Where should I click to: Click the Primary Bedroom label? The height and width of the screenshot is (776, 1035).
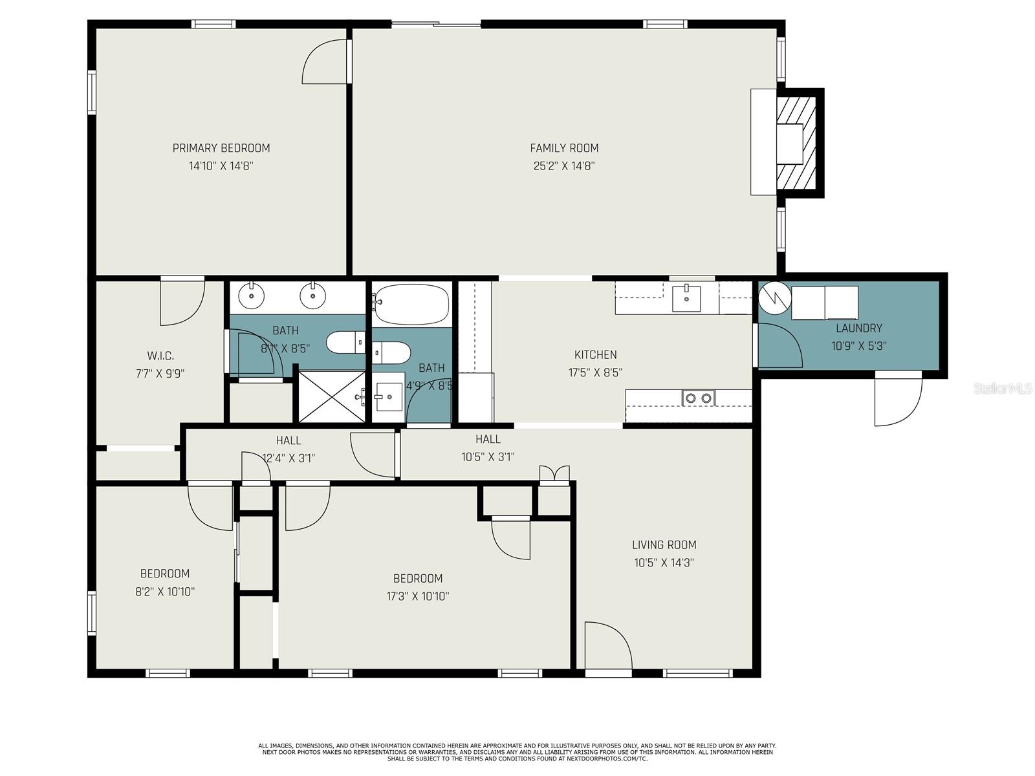coord(221,148)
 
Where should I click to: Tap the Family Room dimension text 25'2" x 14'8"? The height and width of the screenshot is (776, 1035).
coord(564,166)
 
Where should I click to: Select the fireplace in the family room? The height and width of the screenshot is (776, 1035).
coord(787,142)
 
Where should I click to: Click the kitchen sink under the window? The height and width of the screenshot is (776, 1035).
coord(686,298)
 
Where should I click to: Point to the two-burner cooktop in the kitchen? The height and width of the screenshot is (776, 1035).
coord(699,398)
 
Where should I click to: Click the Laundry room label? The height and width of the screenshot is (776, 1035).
coord(858,328)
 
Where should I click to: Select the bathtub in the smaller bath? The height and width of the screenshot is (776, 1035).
coord(411,305)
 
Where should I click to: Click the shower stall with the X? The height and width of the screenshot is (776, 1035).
coord(332,396)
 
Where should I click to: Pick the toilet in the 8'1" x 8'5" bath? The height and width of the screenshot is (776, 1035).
coord(345,343)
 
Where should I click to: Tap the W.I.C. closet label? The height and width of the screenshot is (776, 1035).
coord(160,356)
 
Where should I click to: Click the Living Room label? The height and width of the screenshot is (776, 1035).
coord(664,544)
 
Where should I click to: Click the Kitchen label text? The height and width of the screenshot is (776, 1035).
coord(596,354)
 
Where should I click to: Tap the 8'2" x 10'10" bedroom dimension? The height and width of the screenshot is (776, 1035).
coord(165,592)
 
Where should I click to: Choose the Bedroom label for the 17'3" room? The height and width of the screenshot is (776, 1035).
coord(418,578)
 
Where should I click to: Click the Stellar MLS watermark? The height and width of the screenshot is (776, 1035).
coord(1003,389)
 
